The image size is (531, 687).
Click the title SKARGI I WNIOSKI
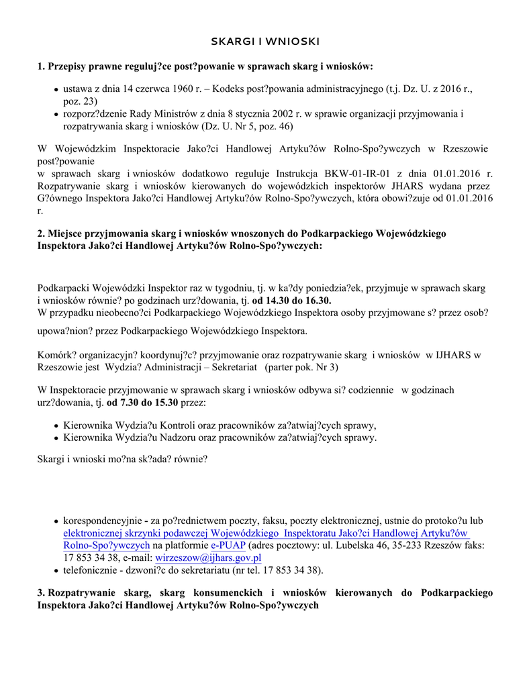pos(265,42)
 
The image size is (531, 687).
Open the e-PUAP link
pos(228,545)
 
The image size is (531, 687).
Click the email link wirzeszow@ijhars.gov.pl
pos(208,558)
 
